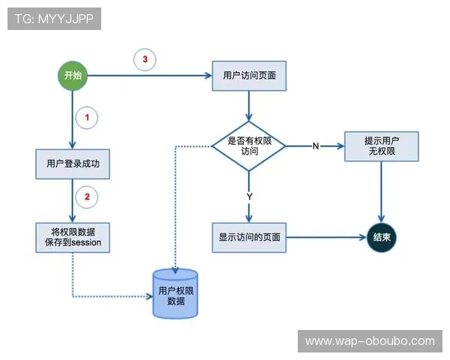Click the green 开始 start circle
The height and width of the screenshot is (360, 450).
pyautogui.click(x=73, y=76)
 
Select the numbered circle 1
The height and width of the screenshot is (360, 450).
pyautogui.click(x=87, y=118)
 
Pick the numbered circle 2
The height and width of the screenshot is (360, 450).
pyautogui.click(x=87, y=197)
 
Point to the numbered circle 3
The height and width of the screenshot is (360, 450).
pyautogui.click(x=145, y=59)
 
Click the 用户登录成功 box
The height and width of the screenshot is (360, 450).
pyautogui.click(x=73, y=164)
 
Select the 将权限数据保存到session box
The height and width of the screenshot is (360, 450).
pyautogui.click(x=73, y=236)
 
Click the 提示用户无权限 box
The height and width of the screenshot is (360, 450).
pyautogui.click(x=380, y=146)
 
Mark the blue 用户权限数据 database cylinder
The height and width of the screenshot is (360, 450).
pyautogui.click(x=175, y=295)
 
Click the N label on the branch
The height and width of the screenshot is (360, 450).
pyautogui.click(x=316, y=145)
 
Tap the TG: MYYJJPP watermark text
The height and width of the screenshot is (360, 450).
pyautogui.click(x=53, y=19)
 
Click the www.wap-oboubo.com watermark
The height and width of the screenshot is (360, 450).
pyautogui.click(x=370, y=341)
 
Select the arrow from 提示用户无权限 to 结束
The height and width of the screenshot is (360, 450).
pyautogui.click(x=382, y=191)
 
